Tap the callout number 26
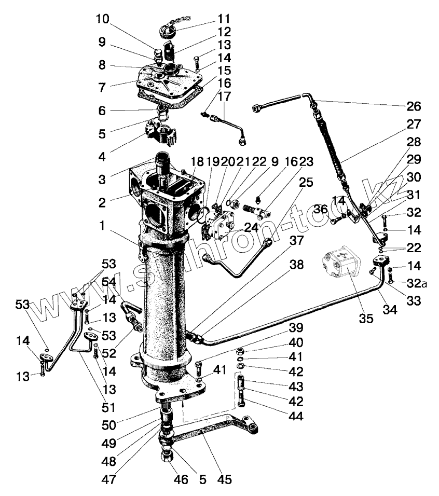[x=414, y=107]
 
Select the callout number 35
[x=366, y=319]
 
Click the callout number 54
[x=109, y=281]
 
